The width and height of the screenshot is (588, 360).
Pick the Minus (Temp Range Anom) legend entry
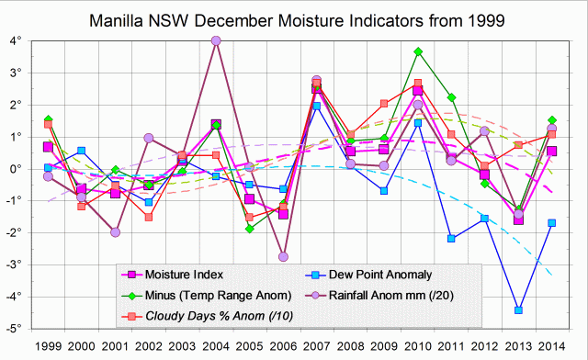(x=208, y=295)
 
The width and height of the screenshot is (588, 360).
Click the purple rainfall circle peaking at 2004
(x=216, y=40)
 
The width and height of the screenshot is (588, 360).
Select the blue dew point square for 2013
(x=518, y=309)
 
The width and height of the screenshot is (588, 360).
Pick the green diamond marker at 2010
(x=417, y=52)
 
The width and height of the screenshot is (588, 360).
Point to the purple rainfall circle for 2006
(x=283, y=256)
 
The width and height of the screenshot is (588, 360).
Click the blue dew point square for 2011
(x=451, y=238)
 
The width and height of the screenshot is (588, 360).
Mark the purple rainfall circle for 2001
(x=115, y=232)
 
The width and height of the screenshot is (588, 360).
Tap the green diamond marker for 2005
(x=249, y=229)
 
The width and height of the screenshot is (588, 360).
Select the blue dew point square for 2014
(x=551, y=222)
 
